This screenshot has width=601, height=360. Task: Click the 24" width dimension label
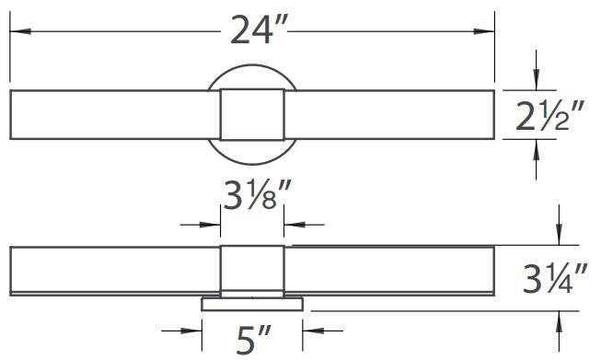(259, 29)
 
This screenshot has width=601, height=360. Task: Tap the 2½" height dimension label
(549, 115)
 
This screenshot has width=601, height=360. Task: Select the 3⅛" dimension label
(257, 195)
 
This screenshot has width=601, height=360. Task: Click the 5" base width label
(253, 340)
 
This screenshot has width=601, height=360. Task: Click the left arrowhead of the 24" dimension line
(20, 31)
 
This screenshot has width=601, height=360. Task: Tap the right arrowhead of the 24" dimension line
(484, 31)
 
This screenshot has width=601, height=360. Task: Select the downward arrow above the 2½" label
(537, 70)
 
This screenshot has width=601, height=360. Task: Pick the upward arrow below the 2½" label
(537, 159)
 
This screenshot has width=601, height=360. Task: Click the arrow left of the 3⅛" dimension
(200, 225)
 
